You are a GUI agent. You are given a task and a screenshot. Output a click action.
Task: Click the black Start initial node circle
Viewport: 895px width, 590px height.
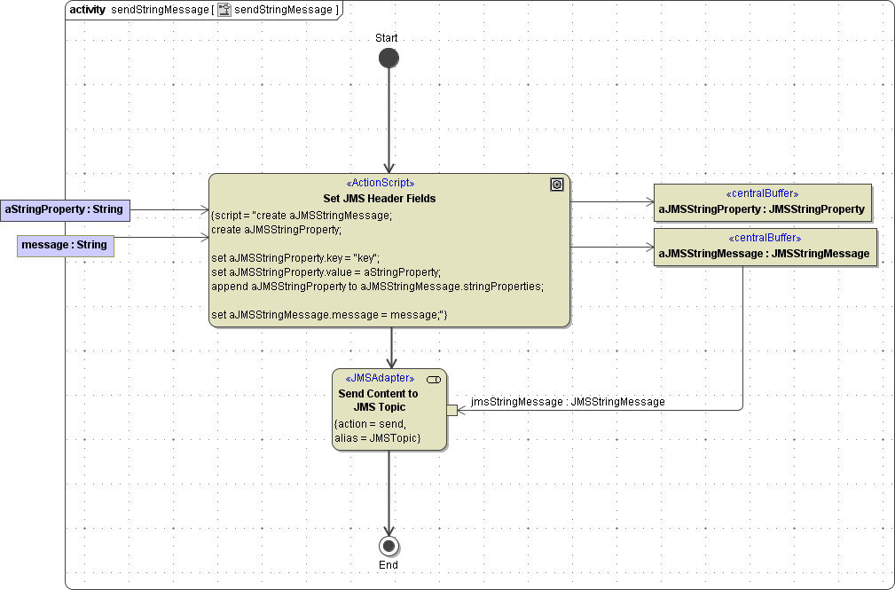pos(389,59)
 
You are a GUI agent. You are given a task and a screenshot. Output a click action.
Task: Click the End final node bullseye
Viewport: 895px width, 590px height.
pos(389,545)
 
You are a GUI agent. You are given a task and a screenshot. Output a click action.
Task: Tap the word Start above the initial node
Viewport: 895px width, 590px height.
pos(387,38)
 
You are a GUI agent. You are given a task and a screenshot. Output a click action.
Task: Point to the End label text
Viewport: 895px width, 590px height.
pos(389,565)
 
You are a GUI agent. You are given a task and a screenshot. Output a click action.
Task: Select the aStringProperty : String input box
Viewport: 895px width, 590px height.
pos(65,209)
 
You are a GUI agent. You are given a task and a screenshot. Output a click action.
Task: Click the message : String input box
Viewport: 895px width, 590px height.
pos(67,245)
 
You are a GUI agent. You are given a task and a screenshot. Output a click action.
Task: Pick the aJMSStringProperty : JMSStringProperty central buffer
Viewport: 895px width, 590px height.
pos(762,202)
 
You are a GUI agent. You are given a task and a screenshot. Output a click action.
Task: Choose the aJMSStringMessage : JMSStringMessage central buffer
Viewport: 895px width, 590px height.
pos(765,247)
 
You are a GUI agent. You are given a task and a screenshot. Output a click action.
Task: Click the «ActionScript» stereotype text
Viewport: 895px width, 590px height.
pos(380,184)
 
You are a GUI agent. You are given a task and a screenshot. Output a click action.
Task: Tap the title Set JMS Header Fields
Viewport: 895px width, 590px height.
pos(380,198)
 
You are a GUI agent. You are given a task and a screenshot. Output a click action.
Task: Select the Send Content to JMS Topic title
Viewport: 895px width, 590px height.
pos(379,399)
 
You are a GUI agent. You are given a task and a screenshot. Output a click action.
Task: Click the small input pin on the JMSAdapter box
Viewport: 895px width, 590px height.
pos(451,410)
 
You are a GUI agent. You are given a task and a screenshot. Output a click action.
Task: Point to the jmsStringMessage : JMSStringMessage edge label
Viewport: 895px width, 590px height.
pos(568,402)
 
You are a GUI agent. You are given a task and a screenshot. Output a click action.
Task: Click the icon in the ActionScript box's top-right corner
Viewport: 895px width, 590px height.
pos(557,185)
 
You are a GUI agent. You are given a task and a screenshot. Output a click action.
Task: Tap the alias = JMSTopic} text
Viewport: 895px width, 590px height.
pos(377,438)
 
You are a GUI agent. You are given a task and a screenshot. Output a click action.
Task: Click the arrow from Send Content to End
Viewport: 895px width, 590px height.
pos(389,492)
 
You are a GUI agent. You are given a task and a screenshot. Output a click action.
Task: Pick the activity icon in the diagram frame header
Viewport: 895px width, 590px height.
pos(224,10)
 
